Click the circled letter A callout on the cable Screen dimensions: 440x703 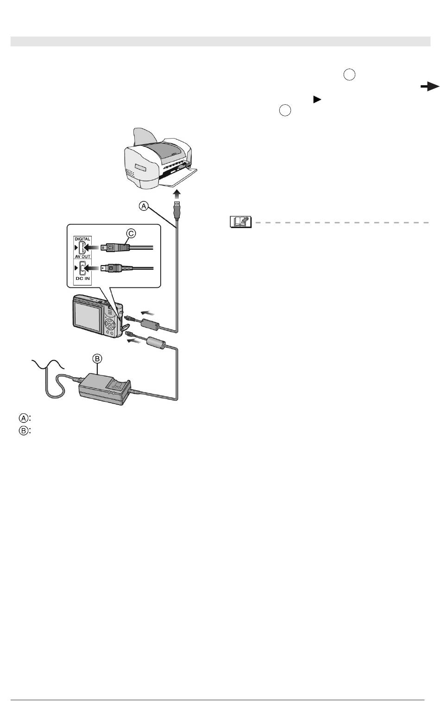click(144, 206)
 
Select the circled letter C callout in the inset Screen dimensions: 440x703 click(131, 233)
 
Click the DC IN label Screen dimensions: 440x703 click(83, 279)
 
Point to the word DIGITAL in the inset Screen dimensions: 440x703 click(82, 239)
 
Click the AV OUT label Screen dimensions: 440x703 click(83, 256)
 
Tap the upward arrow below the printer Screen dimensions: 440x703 click(177, 194)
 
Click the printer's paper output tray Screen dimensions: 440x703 click(177, 178)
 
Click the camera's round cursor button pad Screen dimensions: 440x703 click(110, 323)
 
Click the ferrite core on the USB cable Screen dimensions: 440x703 click(151, 324)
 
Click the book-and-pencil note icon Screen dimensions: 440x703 click(241, 222)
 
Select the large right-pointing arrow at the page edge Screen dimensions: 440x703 click(430, 87)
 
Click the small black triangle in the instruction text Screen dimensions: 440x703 click(317, 100)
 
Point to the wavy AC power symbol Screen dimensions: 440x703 click(48, 365)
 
